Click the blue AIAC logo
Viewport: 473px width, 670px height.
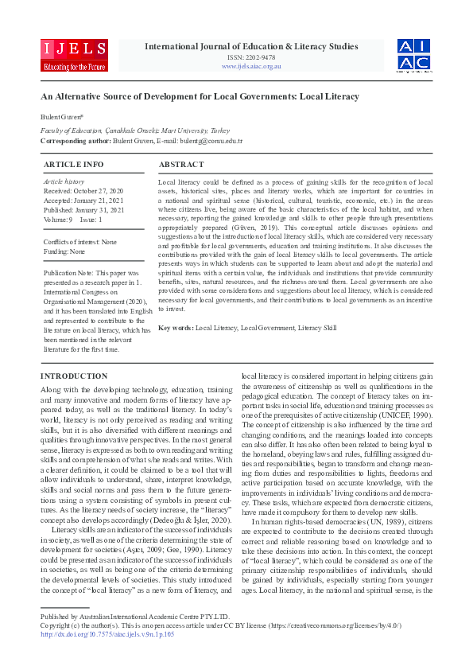coord(414,56)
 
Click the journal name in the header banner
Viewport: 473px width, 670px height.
coord(251,47)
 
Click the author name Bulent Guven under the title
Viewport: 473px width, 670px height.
coord(60,118)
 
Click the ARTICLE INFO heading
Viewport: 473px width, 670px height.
coord(73,164)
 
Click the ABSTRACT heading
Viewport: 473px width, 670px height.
coord(182,164)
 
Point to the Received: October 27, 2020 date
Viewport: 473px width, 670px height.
coord(83,191)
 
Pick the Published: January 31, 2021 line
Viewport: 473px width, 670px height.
coord(83,208)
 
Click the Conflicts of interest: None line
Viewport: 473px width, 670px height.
coord(79,242)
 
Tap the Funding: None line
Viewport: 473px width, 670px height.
coord(64,251)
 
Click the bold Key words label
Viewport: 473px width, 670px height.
coord(175,328)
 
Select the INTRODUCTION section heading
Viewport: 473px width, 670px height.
coord(73,376)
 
